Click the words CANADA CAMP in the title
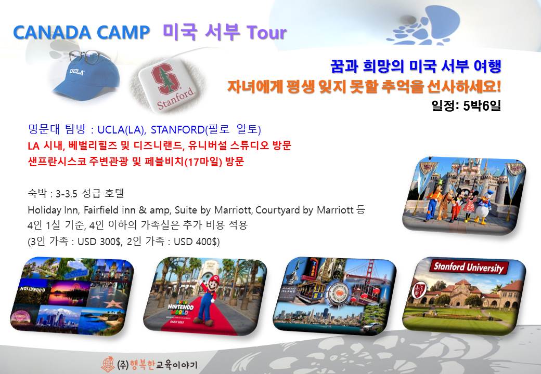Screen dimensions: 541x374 pyautogui.click(x=82, y=33)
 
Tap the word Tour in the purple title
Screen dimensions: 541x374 pyautogui.click(x=266, y=32)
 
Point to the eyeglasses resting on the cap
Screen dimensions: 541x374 pyautogui.click(x=89, y=56)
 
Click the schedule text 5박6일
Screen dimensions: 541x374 pyautogui.click(x=482, y=105)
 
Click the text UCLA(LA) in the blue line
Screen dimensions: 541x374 pyautogui.click(x=121, y=129)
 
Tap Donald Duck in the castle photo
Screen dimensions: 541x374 pyautogui.click(x=484, y=207)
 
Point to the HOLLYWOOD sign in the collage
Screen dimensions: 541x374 pyautogui.click(x=33, y=289)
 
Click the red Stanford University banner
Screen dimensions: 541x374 pyautogui.click(x=469, y=267)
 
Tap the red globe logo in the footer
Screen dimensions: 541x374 pyautogui.click(x=108, y=364)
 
